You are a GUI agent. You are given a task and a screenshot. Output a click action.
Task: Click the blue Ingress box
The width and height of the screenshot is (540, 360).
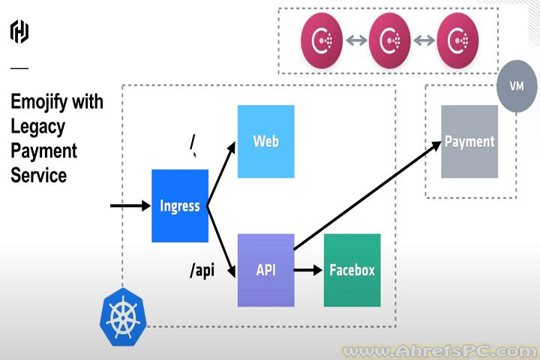180,205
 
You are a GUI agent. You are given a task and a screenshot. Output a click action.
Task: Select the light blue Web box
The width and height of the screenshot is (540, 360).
265,141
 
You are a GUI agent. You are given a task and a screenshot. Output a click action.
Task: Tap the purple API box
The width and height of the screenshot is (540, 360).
265,270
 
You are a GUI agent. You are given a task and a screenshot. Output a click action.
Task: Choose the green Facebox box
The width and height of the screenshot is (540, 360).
352,270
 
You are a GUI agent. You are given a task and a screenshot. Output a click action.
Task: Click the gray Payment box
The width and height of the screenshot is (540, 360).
469,141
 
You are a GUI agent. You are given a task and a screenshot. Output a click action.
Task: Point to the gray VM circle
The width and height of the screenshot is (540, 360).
516,86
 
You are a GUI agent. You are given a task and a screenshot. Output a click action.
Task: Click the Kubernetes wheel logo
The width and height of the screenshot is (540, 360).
122,316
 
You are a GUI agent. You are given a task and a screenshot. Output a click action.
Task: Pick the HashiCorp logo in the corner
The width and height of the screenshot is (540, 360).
19,31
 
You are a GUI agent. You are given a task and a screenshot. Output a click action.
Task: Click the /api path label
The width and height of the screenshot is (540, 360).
202,270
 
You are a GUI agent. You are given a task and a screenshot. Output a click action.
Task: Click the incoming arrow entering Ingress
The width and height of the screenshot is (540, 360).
129,205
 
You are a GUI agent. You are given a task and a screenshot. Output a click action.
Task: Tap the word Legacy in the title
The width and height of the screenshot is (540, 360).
38,126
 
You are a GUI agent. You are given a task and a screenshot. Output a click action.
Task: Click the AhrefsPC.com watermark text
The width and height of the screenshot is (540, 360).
439,350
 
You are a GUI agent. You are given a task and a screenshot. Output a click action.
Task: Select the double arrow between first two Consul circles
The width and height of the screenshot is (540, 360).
357,39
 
